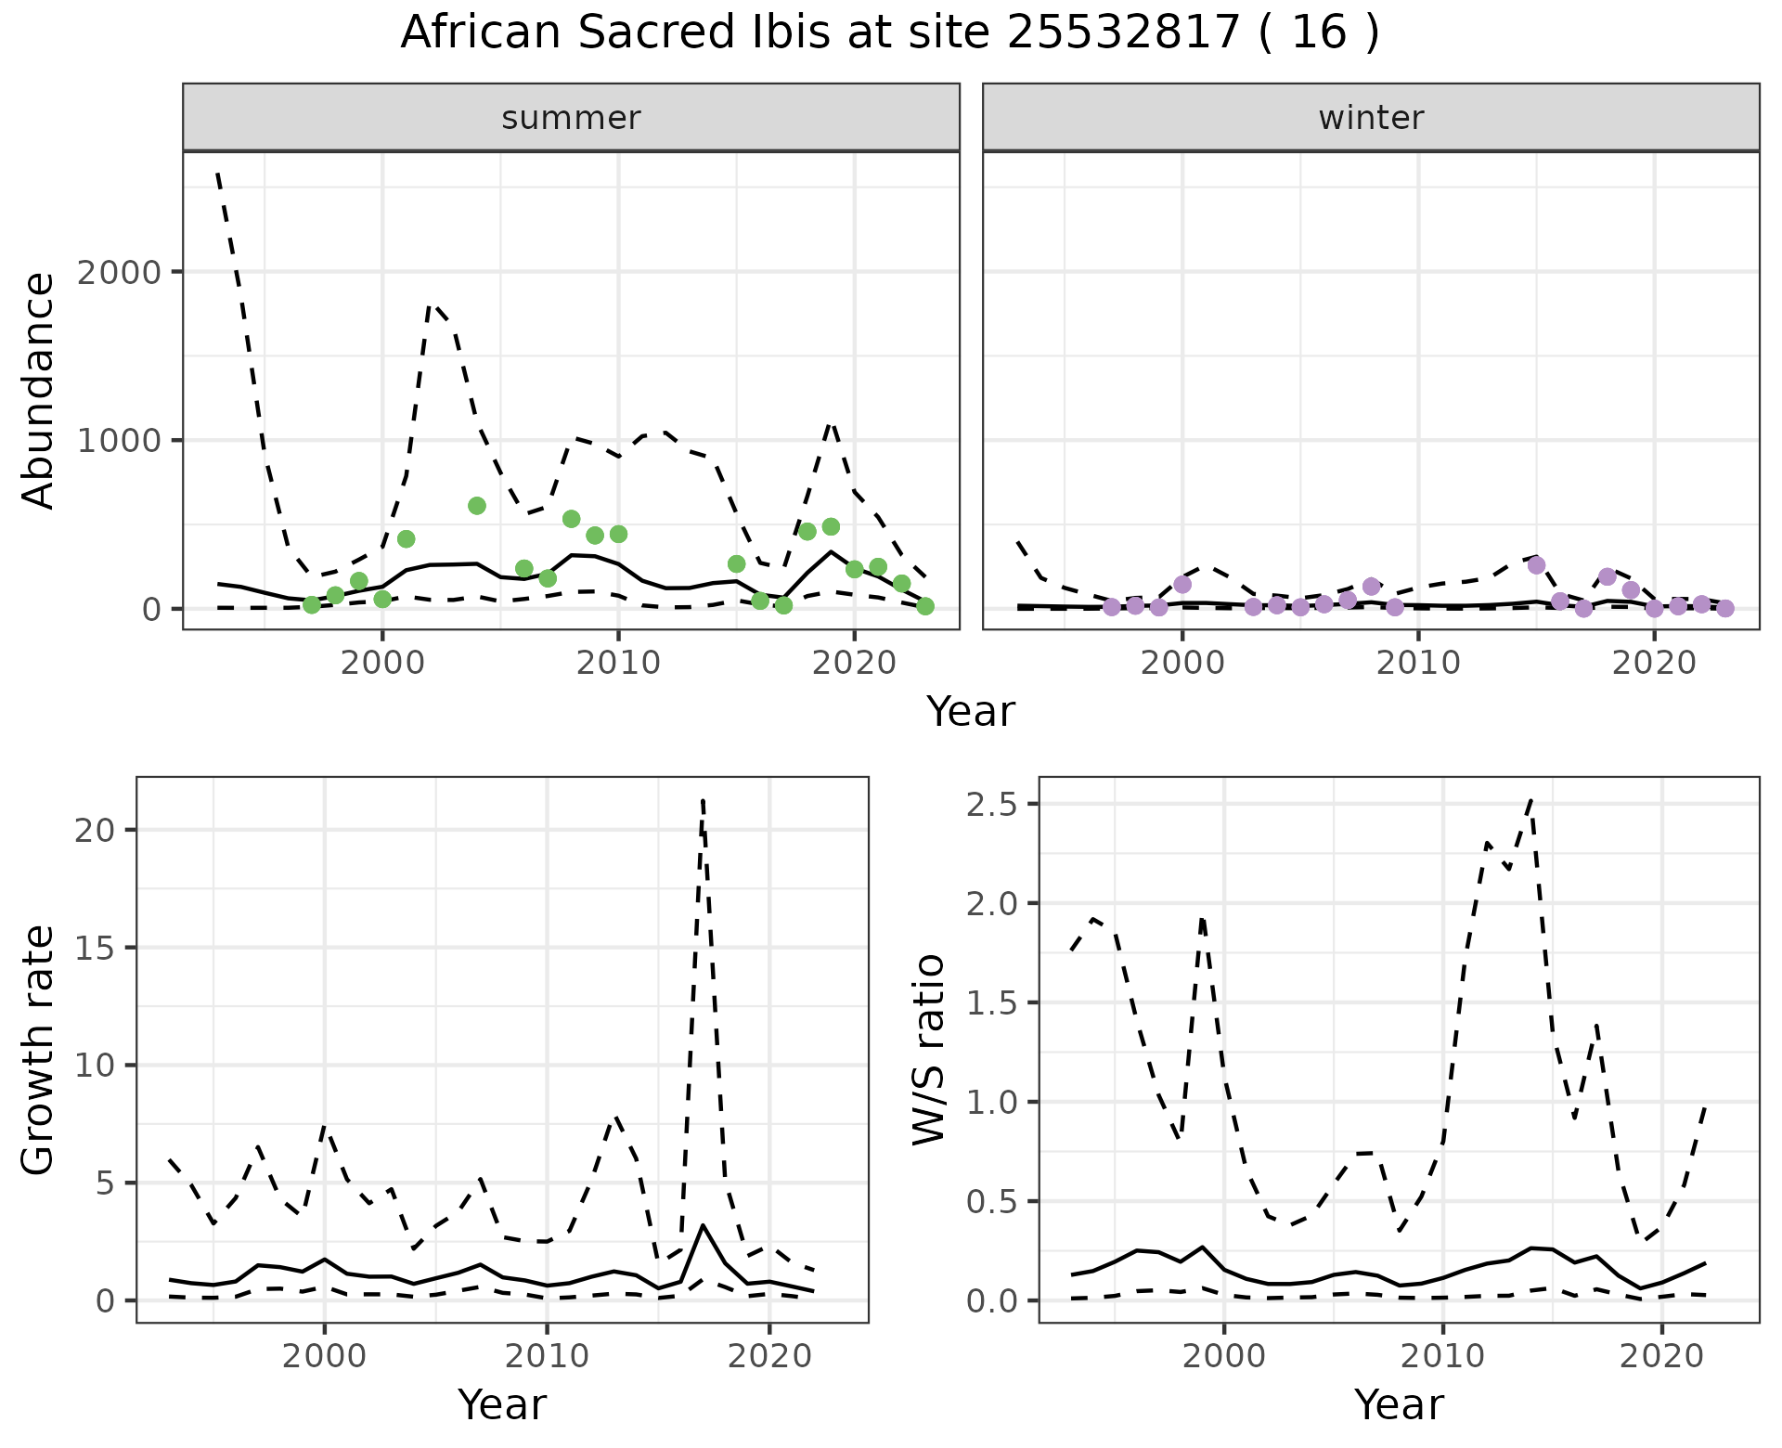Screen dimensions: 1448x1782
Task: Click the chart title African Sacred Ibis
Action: click(889, 33)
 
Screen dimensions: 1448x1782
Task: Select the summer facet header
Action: click(571, 118)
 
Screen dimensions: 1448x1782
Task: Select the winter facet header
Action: click(1371, 118)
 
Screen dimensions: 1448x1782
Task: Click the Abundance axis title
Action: click(39, 391)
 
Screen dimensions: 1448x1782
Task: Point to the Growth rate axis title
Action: click(39, 1050)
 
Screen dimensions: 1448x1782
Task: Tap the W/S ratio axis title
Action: click(929, 1050)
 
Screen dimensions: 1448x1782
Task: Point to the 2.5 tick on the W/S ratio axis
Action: click(991, 804)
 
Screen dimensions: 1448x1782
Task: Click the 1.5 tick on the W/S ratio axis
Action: click(991, 1002)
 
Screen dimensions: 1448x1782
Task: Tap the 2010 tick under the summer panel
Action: click(618, 663)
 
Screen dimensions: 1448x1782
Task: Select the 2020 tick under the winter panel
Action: click(1654, 663)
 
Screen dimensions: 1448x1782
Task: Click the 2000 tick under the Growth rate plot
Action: click(324, 1356)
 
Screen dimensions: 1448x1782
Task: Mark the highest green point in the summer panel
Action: click(477, 506)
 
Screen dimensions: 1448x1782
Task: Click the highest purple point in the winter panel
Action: click(1536, 564)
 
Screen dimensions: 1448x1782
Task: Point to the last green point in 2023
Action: click(925, 606)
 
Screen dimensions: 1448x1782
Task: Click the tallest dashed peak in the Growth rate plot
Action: click(704, 800)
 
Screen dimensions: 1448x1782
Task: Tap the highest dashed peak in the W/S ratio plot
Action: click(1530, 799)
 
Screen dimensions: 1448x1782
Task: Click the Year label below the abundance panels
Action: click(971, 712)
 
